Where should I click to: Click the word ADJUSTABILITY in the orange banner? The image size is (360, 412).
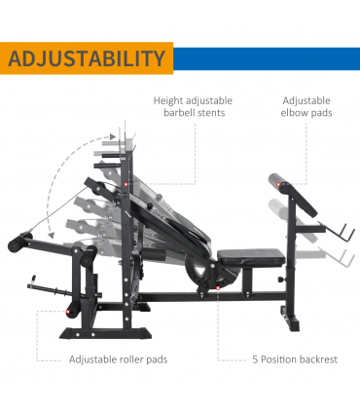87,57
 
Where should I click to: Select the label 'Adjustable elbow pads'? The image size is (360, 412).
306,106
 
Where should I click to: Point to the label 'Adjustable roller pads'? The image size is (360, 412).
118,359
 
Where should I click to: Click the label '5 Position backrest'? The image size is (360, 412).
291,359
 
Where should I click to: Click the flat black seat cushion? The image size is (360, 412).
250,257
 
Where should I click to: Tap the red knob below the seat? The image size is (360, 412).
218,285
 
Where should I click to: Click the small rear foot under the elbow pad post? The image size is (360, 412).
289,318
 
